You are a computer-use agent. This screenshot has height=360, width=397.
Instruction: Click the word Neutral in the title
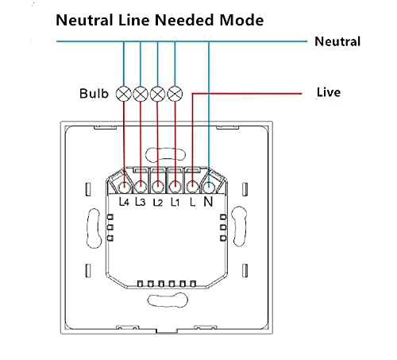(84, 20)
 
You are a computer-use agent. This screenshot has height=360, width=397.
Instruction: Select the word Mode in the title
(241, 20)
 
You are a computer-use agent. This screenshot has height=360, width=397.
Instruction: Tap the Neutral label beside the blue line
(337, 41)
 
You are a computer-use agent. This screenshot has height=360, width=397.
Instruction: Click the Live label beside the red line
(329, 92)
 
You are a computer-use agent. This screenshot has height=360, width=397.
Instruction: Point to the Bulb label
(94, 94)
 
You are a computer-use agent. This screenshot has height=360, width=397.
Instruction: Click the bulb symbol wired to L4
(124, 94)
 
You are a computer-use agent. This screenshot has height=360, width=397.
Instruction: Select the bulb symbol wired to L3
(141, 94)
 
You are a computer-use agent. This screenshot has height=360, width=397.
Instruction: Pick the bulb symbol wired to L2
(157, 94)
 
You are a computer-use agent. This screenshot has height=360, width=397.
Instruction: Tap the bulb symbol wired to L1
(175, 94)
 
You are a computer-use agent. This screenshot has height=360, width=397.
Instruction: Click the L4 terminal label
(124, 202)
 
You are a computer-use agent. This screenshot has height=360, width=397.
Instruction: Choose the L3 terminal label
(141, 202)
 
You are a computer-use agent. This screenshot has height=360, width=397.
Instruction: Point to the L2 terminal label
(158, 203)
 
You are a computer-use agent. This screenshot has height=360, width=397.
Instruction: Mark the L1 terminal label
(175, 202)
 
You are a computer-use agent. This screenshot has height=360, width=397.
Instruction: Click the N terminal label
(208, 202)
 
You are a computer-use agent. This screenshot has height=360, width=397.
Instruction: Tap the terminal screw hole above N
(209, 187)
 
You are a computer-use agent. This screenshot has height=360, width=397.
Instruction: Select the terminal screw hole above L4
(124, 188)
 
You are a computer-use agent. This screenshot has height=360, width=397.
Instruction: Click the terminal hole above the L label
(192, 187)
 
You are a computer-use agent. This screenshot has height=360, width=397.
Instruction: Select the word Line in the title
(134, 20)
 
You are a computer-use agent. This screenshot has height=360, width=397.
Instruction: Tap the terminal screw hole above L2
(158, 188)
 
